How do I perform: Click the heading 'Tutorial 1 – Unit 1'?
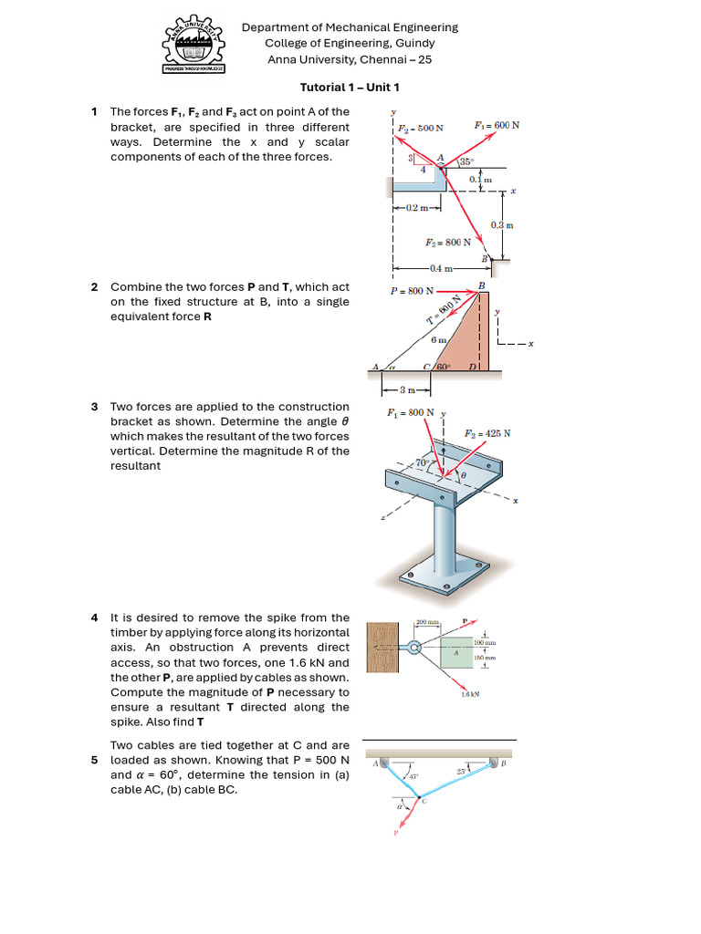click(350, 88)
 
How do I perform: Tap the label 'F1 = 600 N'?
click(497, 125)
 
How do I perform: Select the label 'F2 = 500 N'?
click(420, 129)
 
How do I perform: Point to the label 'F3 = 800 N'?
click(448, 243)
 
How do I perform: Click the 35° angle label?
click(466, 161)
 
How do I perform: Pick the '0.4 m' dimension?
click(441, 268)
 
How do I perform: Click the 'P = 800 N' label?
click(412, 293)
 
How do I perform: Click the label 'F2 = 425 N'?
click(487, 433)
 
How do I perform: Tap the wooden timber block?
click(383, 649)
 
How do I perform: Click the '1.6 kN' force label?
click(470, 694)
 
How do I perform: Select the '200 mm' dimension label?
click(427, 623)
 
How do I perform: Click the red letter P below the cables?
click(396, 833)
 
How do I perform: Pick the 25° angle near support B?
click(462, 772)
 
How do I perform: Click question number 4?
click(94, 617)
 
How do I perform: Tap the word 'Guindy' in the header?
click(416, 43)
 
